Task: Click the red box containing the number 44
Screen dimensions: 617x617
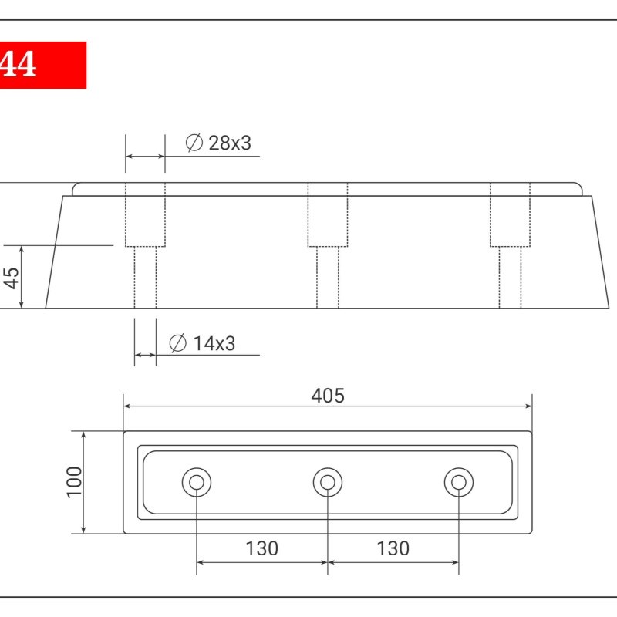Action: [43, 65]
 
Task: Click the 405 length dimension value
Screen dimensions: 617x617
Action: [328, 396]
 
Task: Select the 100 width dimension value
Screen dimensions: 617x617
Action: [74, 483]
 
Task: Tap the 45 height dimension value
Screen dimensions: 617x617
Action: [12, 278]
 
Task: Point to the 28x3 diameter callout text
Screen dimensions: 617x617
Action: [230, 143]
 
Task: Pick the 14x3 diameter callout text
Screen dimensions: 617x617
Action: [214, 343]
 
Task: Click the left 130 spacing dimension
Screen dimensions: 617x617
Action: [262, 548]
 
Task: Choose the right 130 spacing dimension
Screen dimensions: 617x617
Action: [393, 548]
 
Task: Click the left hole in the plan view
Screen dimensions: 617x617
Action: [197, 483]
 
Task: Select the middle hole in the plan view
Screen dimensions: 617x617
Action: [328, 483]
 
